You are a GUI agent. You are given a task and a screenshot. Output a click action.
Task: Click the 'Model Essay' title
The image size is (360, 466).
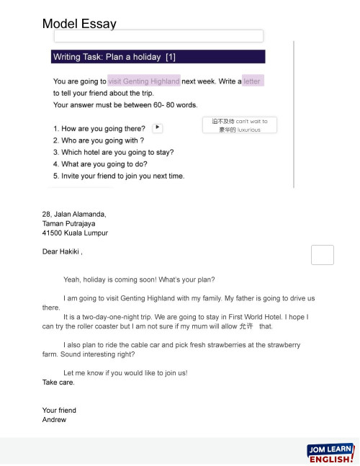(79, 24)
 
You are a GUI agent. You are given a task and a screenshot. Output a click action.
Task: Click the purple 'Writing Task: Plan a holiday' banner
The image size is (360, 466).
(158, 57)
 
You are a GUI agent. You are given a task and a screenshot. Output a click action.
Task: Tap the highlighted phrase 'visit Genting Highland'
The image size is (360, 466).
(144, 81)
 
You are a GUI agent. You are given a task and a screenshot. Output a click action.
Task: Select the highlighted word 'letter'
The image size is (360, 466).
(252, 81)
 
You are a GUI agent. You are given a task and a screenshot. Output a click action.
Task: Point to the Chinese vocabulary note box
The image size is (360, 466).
(240, 125)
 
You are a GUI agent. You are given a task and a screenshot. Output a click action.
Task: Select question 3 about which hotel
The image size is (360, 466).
(113, 152)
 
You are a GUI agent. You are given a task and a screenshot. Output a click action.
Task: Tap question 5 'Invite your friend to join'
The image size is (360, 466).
(119, 176)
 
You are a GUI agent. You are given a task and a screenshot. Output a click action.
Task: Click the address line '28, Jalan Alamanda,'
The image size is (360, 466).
(74, 214)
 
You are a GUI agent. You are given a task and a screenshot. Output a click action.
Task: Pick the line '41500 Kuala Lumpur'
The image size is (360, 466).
(75, 233)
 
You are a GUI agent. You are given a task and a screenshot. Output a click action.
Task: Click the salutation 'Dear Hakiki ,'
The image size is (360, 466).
(63, 252)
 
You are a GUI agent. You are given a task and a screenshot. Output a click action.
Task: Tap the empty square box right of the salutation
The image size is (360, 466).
(323, 256)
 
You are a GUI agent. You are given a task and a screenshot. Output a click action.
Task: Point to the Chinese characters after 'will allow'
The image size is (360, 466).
(246, 326)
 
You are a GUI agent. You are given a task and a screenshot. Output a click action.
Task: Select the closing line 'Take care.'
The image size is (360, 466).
(58, 382)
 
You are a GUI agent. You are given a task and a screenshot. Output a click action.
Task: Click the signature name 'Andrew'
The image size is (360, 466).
(54, 419)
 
